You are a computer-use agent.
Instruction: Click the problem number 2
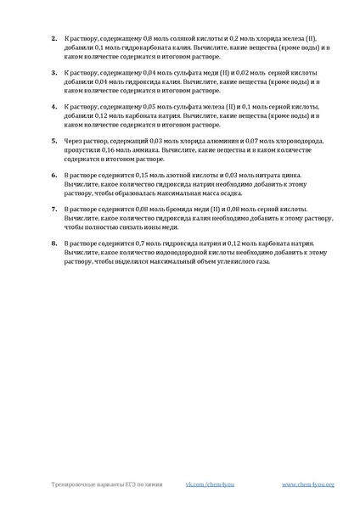pyautogui.click(x=53, y=38)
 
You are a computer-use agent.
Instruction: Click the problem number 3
pyautogui.click(x=53, y=73)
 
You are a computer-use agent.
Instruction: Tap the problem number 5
pyautogui.click(x=53, y=140)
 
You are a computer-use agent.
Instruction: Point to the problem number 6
pyautogui.click(x=53, y=174)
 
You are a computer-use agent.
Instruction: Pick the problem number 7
pyautogui.click(x=53, y=208)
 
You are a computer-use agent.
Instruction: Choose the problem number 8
pyautogui.click(x=53, y=243)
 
